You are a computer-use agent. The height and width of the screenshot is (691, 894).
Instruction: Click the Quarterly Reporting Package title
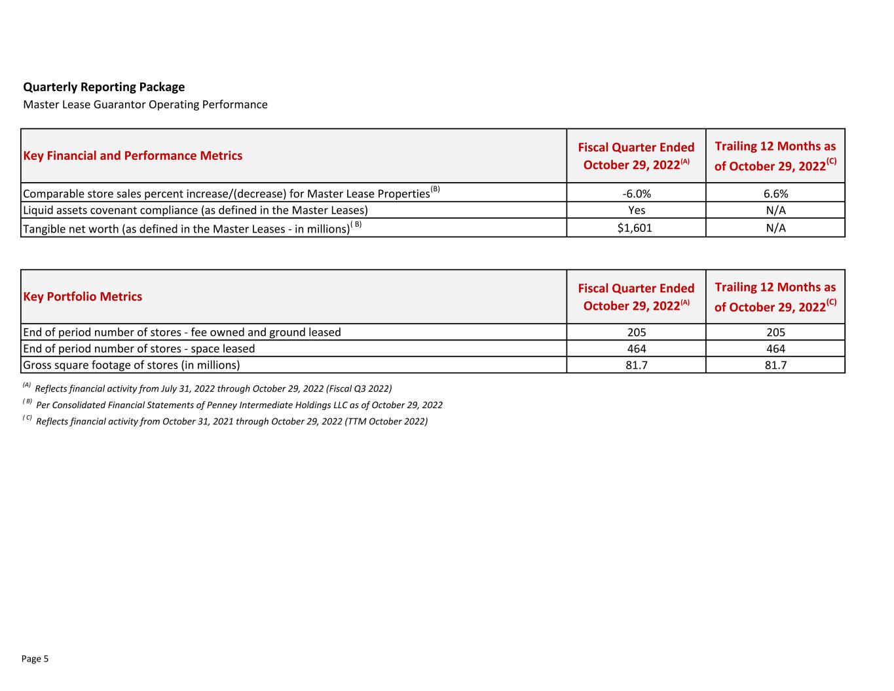coord(103,87)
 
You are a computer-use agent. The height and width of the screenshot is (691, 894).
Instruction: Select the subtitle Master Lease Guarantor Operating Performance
coord(145,105)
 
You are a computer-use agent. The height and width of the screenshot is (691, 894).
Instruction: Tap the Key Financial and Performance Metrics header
coord(132,156)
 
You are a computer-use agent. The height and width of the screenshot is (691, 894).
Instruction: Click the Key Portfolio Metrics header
coord(83,297)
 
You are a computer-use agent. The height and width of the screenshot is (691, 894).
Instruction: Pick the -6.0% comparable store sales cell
coord(636,194)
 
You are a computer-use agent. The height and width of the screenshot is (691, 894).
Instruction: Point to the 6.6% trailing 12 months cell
coord(775,194)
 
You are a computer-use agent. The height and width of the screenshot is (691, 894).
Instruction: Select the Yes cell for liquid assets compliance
coord(636,210)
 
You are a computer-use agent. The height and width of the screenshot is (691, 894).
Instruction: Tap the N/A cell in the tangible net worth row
coord(775,228)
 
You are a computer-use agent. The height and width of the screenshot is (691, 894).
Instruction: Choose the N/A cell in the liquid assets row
coord(775,210)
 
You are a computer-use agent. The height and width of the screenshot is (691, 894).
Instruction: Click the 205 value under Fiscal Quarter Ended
coord(636,332)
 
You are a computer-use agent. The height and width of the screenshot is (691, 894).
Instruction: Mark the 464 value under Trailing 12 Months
coord(775,348)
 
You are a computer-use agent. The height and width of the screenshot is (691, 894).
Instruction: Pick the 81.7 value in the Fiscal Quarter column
coord(636,365)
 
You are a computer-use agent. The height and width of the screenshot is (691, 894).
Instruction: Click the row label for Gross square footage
coord(131,365)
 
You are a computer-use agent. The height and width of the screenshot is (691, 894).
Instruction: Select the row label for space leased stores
coord(139,348)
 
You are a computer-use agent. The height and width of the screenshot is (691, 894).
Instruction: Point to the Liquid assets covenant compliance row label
coord(195,210)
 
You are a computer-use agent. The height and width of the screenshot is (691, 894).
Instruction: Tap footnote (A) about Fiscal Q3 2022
coord(213,388)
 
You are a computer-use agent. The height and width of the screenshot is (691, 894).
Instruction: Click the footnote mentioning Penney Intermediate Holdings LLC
coord(238,405)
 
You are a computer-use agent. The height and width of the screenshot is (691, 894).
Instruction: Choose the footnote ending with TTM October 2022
coord(231,421)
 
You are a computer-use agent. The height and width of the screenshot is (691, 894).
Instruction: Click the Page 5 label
coord(35,659)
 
